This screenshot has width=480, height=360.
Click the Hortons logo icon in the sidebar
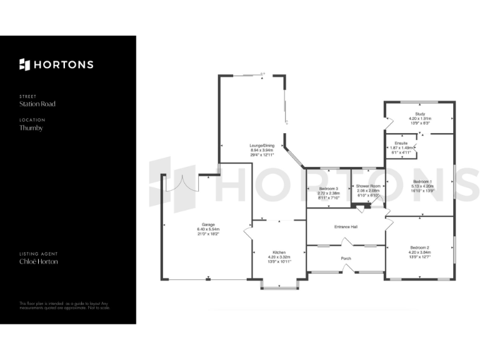point(24,64)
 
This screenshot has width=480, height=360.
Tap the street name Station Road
point(37,104)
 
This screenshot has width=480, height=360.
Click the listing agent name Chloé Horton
point(39,262)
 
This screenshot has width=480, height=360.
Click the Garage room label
point(208,229)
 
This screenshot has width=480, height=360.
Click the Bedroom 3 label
point(328,192)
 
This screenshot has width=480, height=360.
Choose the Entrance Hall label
point(346,226)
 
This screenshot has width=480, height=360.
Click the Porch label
point(346,258)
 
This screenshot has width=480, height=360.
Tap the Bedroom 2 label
point(419,251)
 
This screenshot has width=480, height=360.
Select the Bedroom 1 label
point(422,185)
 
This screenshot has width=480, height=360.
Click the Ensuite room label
point(401,147)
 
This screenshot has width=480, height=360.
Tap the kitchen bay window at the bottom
point(279,287)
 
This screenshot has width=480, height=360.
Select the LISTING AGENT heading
point(39,254)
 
